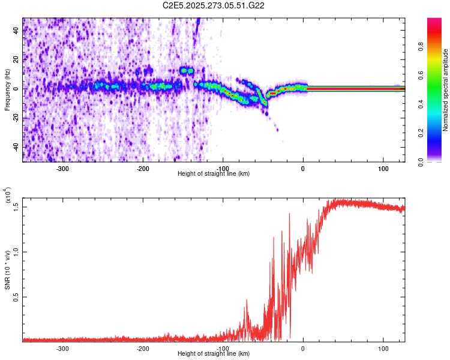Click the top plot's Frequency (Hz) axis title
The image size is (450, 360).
[x=7, y=90]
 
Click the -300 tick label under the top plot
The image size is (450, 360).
[x=63, y=169]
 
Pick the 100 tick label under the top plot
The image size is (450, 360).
[x=383, y=169]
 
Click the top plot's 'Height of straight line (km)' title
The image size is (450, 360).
[x=214, y=174]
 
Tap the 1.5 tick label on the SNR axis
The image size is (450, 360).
[x=16, y=206]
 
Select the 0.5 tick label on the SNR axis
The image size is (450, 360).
[x=16, y=297]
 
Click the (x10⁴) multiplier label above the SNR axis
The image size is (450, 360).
[x=8, y=196]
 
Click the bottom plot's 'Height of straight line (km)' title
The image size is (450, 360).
[x=214, y=354]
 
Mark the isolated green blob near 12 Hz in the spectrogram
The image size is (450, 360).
[x=187, y=71]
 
